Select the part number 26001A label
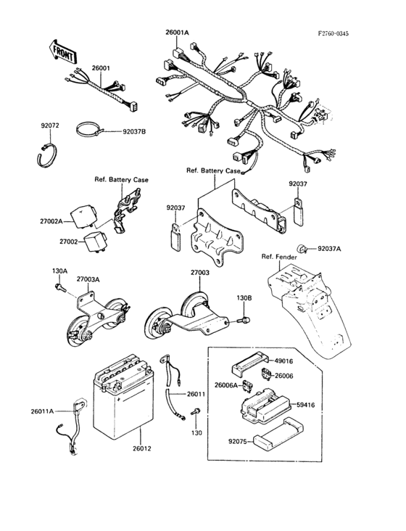click(x=177, y=33)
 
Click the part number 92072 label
click(x=49, y=125)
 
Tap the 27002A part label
click(x=70, y=221)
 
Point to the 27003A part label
click(x=89, y=279)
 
